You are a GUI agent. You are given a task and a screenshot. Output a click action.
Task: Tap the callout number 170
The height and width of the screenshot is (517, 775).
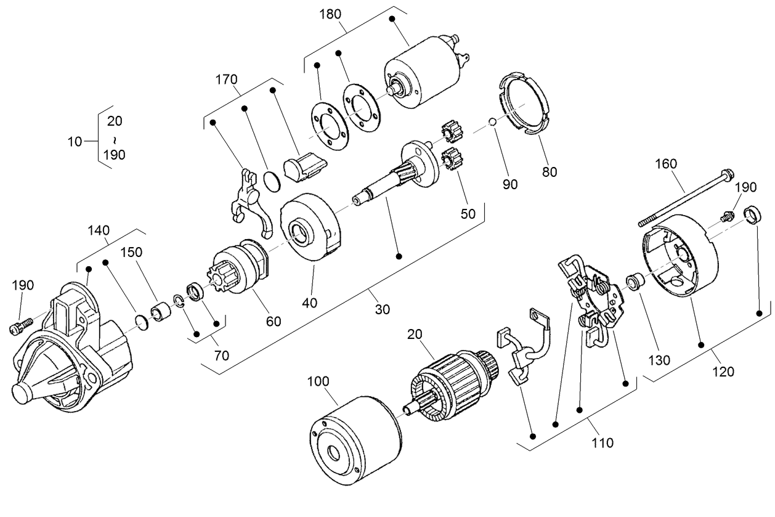pos(227,79)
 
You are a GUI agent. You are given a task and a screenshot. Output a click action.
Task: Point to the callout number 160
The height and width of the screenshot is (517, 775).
pos(665,164)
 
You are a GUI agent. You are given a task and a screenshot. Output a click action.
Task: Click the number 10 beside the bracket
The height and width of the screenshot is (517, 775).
pos(75,141)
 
